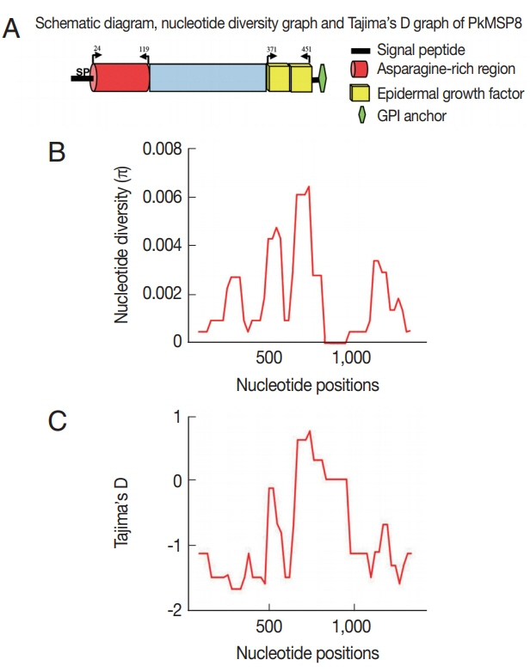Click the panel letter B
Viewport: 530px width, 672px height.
coord(57,152)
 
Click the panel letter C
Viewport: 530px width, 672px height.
coord(57,423)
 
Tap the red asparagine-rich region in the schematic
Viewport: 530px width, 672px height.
coord(120,77)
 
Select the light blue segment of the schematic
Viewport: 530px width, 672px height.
coord(207,77)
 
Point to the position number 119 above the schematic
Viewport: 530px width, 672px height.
coord(143,51)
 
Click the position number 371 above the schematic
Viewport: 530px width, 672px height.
coord(273,51)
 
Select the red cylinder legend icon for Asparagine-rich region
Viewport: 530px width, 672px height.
coord(359,69)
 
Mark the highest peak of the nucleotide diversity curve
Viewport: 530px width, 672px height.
coord(307,186)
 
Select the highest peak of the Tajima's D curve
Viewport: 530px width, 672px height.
coord(309,431)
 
